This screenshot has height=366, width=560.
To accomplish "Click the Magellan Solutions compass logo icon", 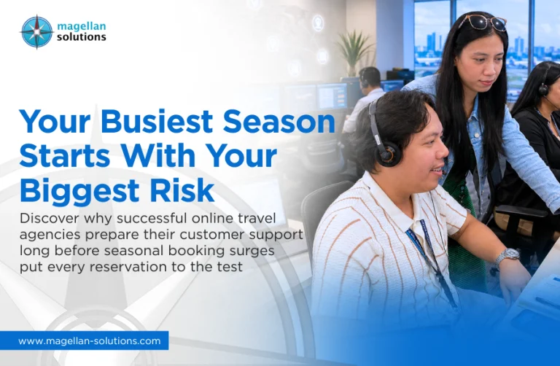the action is [x=36, y=32].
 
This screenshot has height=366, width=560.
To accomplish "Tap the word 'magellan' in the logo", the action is [x=82, y=26].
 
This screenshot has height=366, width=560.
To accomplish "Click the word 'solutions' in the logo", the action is [x=82, y=36].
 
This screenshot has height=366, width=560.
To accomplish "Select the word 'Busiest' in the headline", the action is [x=157, y=122].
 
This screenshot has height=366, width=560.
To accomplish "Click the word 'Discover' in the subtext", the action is [x=49, y=218].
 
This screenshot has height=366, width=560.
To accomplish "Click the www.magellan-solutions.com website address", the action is [x=90, y=341].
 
